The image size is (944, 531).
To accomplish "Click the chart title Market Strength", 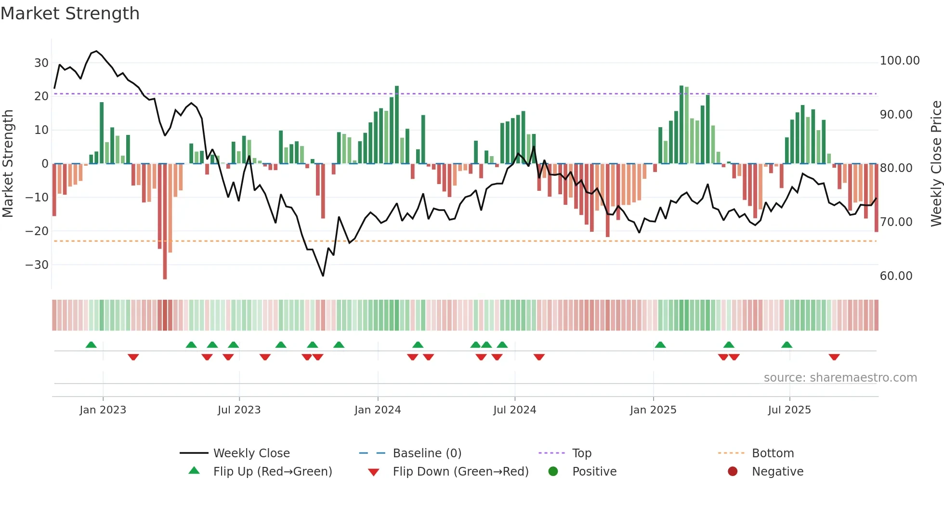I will point(70,13).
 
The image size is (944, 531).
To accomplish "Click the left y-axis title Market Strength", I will point(8,163).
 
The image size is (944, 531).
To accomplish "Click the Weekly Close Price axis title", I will point(936,163).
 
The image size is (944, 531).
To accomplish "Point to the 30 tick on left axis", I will point(41,63).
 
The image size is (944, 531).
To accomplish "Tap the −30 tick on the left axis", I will point(38,265).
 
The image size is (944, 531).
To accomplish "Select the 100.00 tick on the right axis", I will point(899,61).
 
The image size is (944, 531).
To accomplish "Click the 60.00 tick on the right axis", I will point(896,276).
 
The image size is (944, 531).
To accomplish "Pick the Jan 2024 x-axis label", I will point(378,410).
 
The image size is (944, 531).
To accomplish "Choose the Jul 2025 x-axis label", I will point(789,410).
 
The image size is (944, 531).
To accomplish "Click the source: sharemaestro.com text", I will point(840,378).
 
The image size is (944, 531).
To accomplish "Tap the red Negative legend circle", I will point(733,472).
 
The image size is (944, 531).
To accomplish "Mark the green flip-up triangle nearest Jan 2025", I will point(660,345).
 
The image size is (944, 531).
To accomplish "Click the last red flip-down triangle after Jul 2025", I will point(834,357).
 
